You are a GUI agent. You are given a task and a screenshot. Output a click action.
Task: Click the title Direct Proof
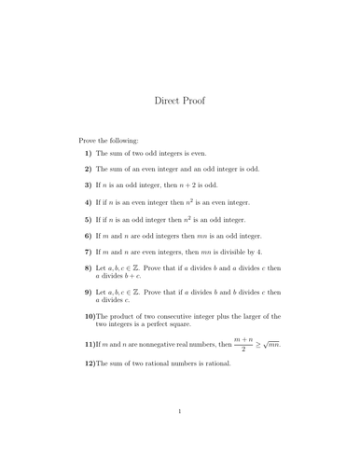pyautogui.click(x=179, y=100)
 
